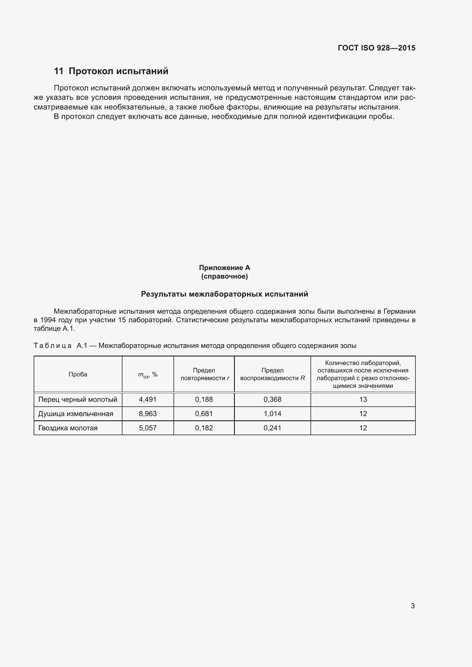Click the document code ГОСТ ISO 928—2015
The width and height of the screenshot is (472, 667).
point(376,48)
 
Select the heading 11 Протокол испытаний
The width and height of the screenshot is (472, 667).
point(111,71)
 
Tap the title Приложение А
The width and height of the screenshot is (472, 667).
point(224,267)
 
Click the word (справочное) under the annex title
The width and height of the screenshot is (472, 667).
point(224,276)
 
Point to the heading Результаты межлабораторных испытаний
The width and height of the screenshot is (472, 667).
point(224,294)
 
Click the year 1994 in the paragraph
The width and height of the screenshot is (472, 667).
point(48,320)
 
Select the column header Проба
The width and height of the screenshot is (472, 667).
point(78,374)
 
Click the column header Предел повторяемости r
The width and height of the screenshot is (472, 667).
point(204,374)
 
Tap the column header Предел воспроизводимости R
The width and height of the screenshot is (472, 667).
point(272,374)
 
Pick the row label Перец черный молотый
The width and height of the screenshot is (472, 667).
point(78,400)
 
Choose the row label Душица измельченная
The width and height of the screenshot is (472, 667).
point(76,414)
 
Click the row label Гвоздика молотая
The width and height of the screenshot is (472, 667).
point(68,428)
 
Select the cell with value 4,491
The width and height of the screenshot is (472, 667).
point(148,400)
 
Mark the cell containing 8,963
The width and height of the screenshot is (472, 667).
point(148,414)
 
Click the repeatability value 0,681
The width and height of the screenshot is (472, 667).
point(204,414)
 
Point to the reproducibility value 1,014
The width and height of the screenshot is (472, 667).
point(272,414)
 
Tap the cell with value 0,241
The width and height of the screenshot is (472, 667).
point(272,428)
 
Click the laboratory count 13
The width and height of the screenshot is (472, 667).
point(363,400)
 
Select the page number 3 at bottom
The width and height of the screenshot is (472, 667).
point(413,606)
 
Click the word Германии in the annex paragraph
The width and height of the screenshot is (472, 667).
point(399,311)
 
